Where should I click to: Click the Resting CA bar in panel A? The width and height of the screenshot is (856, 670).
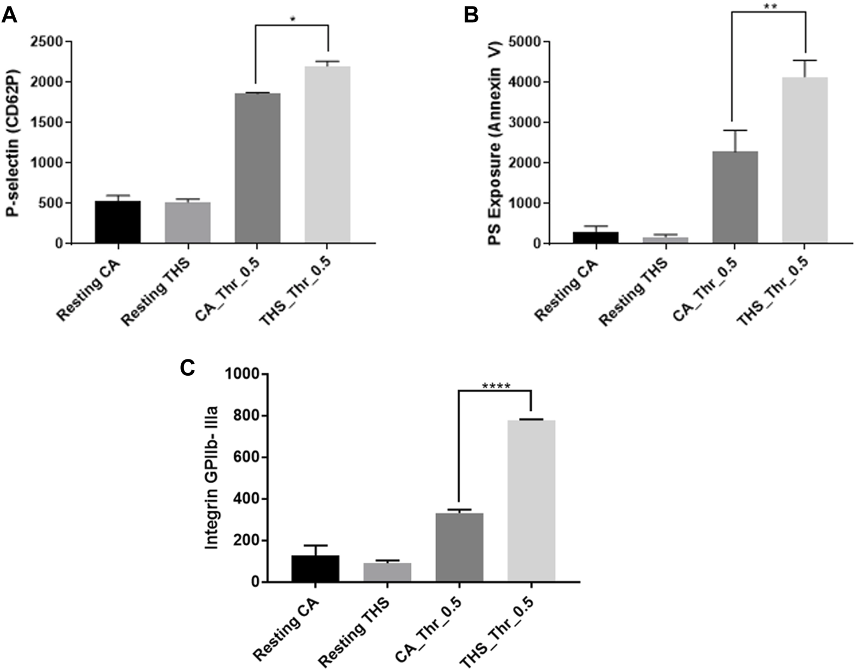click(118, 222)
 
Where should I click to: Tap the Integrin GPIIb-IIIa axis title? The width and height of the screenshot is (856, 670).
click(212, 477)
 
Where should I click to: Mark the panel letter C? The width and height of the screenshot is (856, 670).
click(186, 368)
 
